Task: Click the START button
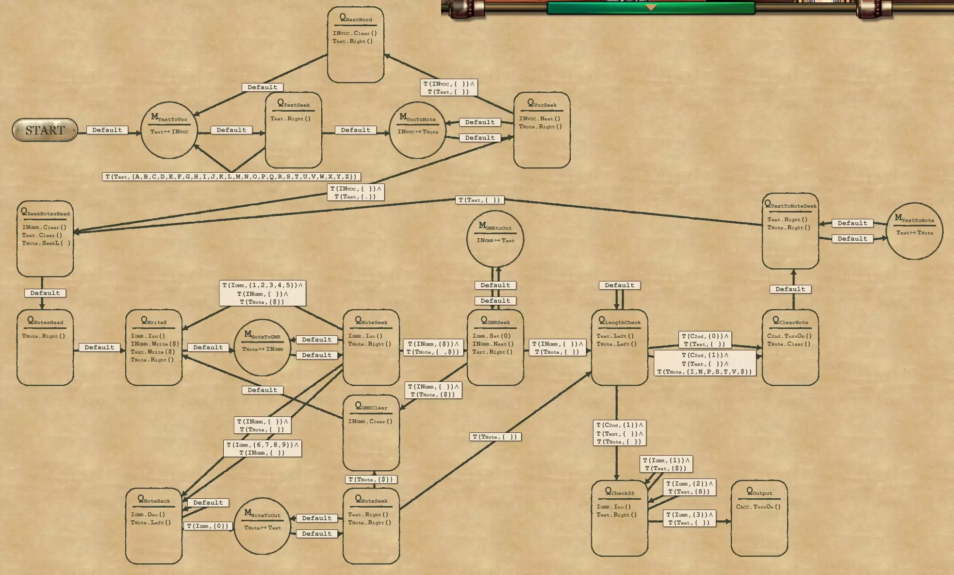click(45, 130)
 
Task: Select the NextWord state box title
click(356, 18)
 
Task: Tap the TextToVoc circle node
click(169, 130)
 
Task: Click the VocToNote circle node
click(417, 130)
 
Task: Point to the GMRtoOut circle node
click(495, 238)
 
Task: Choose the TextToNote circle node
click(914, 231)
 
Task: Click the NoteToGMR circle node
click(262, 347)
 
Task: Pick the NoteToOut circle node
click(262, 526)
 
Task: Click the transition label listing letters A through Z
click(231, 177)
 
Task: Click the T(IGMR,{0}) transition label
click(208, 526)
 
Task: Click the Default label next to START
click(107, 130)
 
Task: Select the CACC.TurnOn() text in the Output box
click(758, 507)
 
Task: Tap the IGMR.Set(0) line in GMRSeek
click(492, 336)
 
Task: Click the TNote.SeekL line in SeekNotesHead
click(46, 243)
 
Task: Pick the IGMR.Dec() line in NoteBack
click(148, 514)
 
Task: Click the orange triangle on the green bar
click(651, 7)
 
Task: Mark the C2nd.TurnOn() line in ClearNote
click(789, 336)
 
